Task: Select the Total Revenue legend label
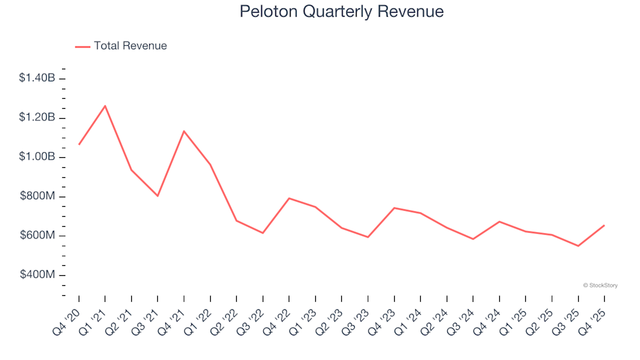[130, 46]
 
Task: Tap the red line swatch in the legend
[83, 47]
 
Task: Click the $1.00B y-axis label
[37, 157]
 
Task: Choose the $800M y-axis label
[38, 197]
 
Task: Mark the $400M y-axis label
[38, 275]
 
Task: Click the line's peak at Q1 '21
[105, 105]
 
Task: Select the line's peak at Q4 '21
[183, 131]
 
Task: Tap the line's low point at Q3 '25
[578, 246]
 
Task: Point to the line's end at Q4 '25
[604, 225]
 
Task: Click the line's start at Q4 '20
[79, 144]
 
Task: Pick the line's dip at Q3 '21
[157, 196]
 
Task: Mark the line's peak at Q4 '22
[289, 198]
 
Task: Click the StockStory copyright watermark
[600, 285]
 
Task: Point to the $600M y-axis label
[38, 236]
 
